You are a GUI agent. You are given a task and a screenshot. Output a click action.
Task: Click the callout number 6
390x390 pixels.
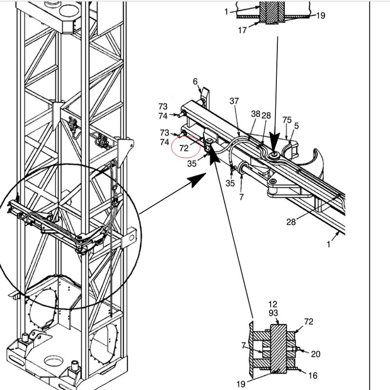point(196,82)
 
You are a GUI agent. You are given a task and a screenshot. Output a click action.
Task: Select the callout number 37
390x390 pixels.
point(234,101)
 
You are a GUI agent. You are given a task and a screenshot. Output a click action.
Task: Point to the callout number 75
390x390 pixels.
point(287,120)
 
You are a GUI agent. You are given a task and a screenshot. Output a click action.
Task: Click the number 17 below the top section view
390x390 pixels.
point(242,30)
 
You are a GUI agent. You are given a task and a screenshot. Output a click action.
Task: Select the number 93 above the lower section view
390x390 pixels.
point(273,312)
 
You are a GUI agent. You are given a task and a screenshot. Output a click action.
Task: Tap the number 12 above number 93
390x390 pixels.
point(273,304)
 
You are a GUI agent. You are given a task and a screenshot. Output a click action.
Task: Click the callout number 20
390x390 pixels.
point(316,354)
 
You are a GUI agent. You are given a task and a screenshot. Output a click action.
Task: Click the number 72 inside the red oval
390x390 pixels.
point(184,148)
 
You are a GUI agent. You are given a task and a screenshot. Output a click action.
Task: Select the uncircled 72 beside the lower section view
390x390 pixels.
point(309,322)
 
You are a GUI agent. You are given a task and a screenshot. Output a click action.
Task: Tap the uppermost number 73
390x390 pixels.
point(163,106)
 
